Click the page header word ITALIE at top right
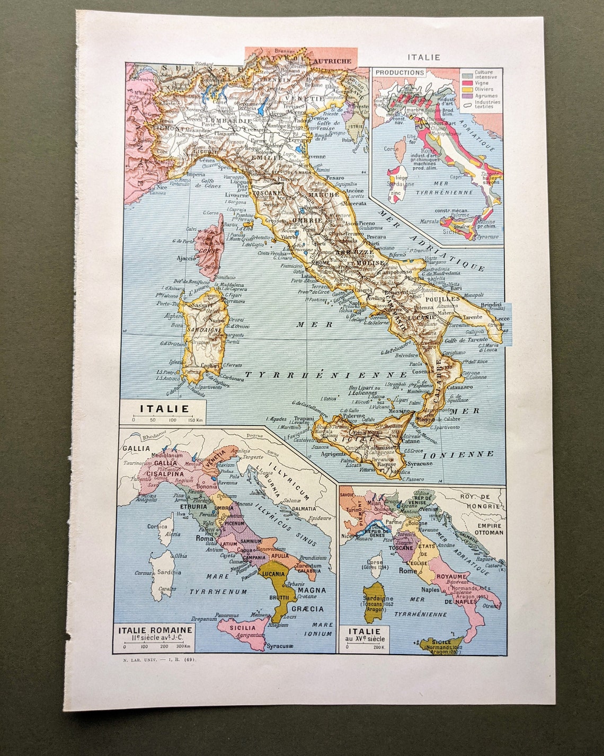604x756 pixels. (423, 57)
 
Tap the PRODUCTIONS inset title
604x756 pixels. (399, 72)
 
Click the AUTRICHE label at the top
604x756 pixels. (332, 61)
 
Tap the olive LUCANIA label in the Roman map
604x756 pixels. (273, 574)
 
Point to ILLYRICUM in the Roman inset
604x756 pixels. (290, 480)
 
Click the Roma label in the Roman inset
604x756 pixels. (205, 538)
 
